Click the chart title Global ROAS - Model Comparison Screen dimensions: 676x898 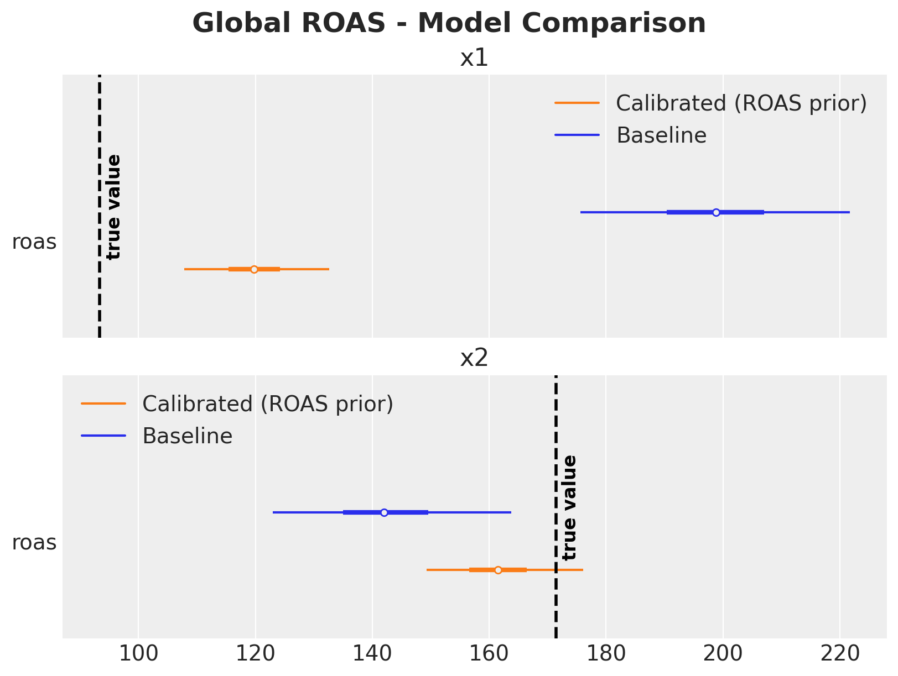449,24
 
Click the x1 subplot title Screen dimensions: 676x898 474,59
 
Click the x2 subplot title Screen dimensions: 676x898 474,359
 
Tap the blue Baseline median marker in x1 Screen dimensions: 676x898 716,212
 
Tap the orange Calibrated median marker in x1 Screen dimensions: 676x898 254,270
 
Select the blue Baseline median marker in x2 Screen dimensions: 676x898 384,513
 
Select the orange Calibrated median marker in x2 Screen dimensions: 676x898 498,570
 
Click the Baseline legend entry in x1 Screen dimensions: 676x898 661,135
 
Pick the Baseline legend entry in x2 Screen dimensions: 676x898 187,436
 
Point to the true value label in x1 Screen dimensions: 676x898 114,207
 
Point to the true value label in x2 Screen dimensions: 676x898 569,507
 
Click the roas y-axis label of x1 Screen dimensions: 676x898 34,242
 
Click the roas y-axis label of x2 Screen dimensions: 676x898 34,543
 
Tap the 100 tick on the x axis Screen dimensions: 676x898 138,654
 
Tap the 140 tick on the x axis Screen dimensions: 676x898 372,654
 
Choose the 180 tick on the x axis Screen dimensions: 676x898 606,654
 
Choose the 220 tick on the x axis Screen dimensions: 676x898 839,654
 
